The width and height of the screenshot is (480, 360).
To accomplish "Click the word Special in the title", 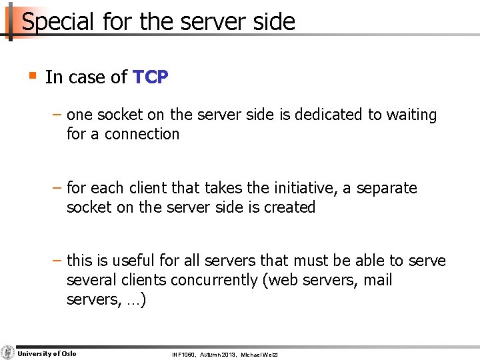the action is [x=59, y=21].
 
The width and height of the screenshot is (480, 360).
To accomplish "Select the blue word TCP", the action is [x=151, y=77].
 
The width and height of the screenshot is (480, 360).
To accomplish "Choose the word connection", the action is [x=141, y=134].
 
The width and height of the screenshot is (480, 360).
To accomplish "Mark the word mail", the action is [x=377, y=280].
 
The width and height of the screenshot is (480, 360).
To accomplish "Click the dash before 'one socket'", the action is [x=58, y=115].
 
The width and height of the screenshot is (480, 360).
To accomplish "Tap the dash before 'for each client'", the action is [x=58, y=188].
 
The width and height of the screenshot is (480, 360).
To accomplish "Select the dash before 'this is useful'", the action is [x=58, y=261].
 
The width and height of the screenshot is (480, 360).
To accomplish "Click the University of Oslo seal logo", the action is [x=7, y=353].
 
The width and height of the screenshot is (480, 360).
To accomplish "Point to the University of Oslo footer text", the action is [x=47, y=353].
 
